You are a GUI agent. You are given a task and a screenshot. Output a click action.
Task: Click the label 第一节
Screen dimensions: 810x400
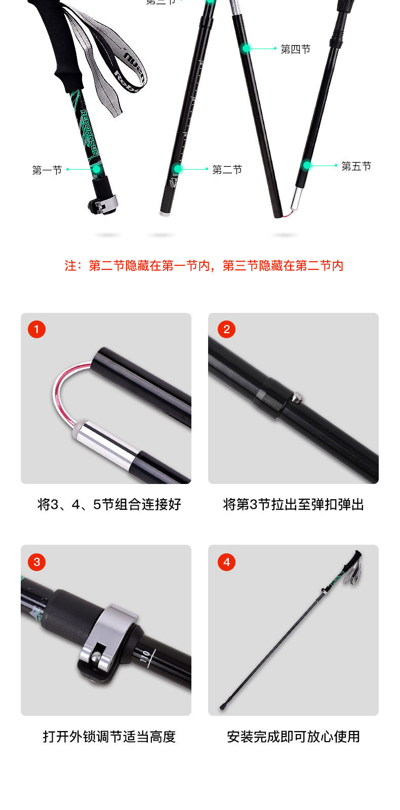click(47, 170)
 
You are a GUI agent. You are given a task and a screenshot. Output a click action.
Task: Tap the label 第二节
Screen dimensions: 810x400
click(227, 170)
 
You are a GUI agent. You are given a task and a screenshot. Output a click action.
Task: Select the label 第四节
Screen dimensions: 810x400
click(295, 49)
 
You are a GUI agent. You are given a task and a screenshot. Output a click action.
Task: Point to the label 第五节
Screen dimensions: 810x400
click(356, 166)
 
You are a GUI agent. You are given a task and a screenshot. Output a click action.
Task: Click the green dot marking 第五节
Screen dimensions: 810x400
click(307, 165)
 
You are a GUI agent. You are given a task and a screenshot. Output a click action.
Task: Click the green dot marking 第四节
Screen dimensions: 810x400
click(246, 49)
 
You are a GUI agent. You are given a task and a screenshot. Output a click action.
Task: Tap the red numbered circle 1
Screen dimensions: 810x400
click(36, 330)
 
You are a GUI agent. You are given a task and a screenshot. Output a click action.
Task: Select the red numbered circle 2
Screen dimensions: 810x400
click(226, 330)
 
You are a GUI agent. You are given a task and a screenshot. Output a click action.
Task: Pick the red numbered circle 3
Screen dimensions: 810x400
click(36, 562)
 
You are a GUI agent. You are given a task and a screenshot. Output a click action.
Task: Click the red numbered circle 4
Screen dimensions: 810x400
click(226, 562)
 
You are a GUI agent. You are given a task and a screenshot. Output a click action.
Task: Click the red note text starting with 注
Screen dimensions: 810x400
click(204, 266)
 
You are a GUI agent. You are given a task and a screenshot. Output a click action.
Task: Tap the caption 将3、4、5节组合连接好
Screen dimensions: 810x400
click(109, 504)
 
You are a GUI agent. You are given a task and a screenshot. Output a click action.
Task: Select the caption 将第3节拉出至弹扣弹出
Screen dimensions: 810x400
click(293, 504)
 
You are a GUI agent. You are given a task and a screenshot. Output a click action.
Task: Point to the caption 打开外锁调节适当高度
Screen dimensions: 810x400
click(109, 737)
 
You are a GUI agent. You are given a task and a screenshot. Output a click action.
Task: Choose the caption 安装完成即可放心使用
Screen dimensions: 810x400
click(293, 737)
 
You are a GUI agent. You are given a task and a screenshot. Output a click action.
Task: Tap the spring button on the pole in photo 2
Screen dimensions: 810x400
click(296, 399)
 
